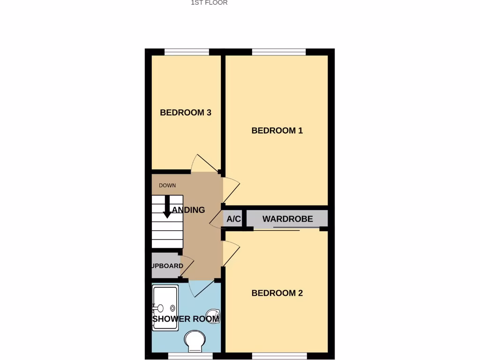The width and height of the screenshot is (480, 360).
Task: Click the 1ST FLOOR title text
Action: click(209, 3)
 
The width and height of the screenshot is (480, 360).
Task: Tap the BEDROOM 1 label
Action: click(277, 130)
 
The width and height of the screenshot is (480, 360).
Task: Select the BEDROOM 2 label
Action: click(277, 293)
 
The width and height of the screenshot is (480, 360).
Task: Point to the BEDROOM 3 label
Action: click(186, 112)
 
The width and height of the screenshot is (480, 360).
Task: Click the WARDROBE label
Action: click(287, 219)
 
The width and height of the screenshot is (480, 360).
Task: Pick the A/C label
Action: click(233, 219)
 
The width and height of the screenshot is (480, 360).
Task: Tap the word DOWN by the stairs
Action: click(167, 185)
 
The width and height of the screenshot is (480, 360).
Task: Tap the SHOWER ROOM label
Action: click(186, 319)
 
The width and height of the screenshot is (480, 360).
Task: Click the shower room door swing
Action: click(201, 287)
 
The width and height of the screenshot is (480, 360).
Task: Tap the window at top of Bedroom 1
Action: click(279, 52)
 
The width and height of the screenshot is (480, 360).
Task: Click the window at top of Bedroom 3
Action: click(186, 52)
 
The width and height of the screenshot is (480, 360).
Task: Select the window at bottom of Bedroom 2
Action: click(279, 356)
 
